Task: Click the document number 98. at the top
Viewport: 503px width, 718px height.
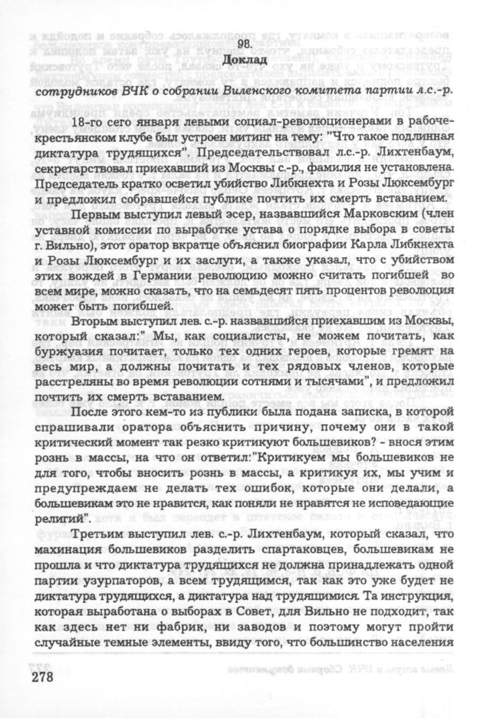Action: (x=251, y=44)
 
